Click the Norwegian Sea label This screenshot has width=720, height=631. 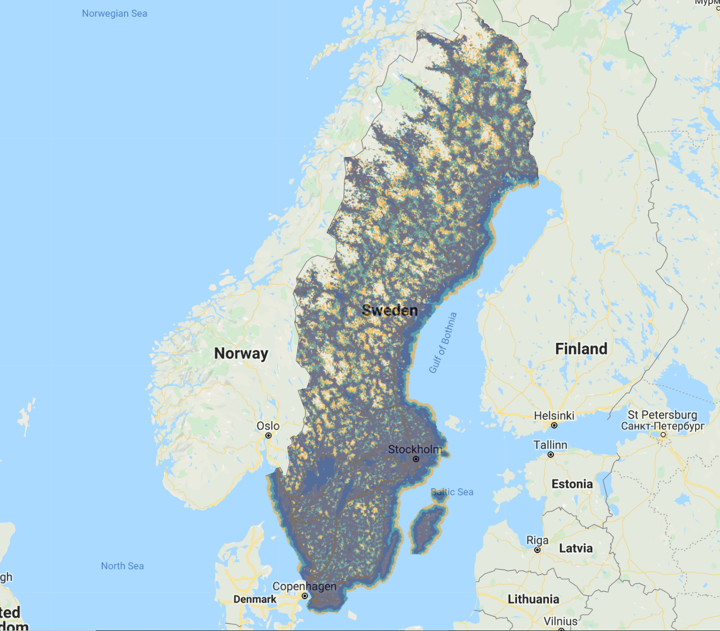[114, 14]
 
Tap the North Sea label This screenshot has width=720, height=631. [122, 566]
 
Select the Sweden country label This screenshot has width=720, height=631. [390, 310]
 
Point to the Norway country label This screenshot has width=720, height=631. [241, 353]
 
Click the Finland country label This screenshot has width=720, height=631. [581, 348]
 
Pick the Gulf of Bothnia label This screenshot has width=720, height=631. [443, 343]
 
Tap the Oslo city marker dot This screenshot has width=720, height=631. [268, 436]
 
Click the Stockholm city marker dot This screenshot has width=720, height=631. [416, 459]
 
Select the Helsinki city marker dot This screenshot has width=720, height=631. [554, 425]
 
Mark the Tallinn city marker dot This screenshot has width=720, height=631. [551, 455]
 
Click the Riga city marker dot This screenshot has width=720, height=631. [538, 550]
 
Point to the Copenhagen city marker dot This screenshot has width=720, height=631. [305, 596]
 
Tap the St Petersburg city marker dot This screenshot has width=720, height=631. [663, 435]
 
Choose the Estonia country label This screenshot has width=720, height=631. [572, 484]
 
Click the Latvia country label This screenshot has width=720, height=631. [576, 548]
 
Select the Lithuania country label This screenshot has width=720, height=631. [534, 599]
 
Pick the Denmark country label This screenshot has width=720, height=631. [255, 599]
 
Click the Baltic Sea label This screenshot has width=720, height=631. [452, 492]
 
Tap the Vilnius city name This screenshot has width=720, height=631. [561, 621]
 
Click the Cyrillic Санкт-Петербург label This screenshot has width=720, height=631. [663, 426]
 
